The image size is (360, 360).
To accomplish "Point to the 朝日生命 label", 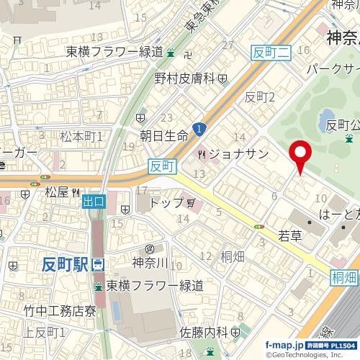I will pos(163,135).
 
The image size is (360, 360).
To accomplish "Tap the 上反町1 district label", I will pos(45,332).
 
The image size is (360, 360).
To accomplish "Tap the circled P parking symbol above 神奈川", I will pos(140,248).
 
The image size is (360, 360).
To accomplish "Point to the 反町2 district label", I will pos(261,96).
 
